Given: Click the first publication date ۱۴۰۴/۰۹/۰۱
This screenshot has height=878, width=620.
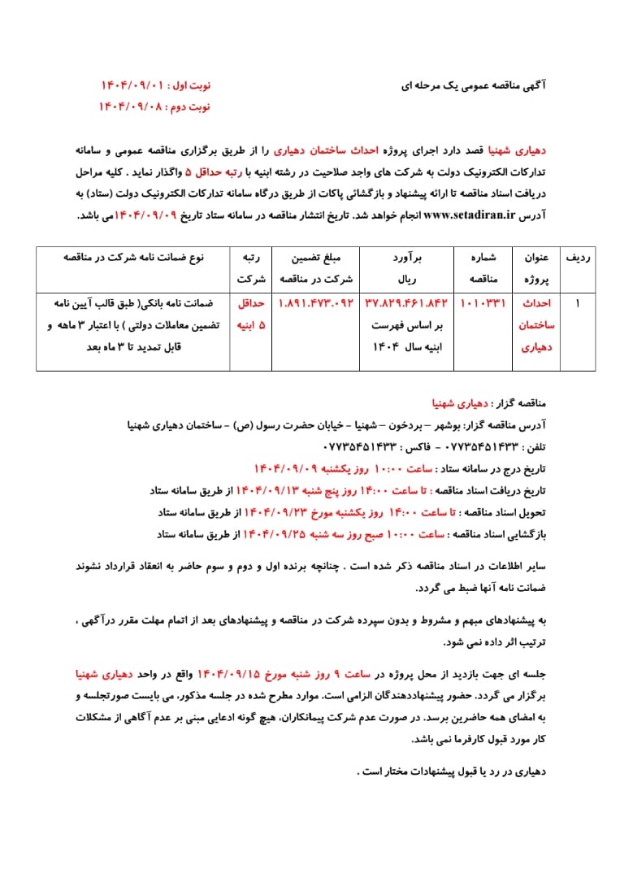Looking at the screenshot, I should [132, 85].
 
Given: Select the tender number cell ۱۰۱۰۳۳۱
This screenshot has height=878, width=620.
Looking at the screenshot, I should [483, 303].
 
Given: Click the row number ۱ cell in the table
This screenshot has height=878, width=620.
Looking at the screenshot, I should [578, 303].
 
